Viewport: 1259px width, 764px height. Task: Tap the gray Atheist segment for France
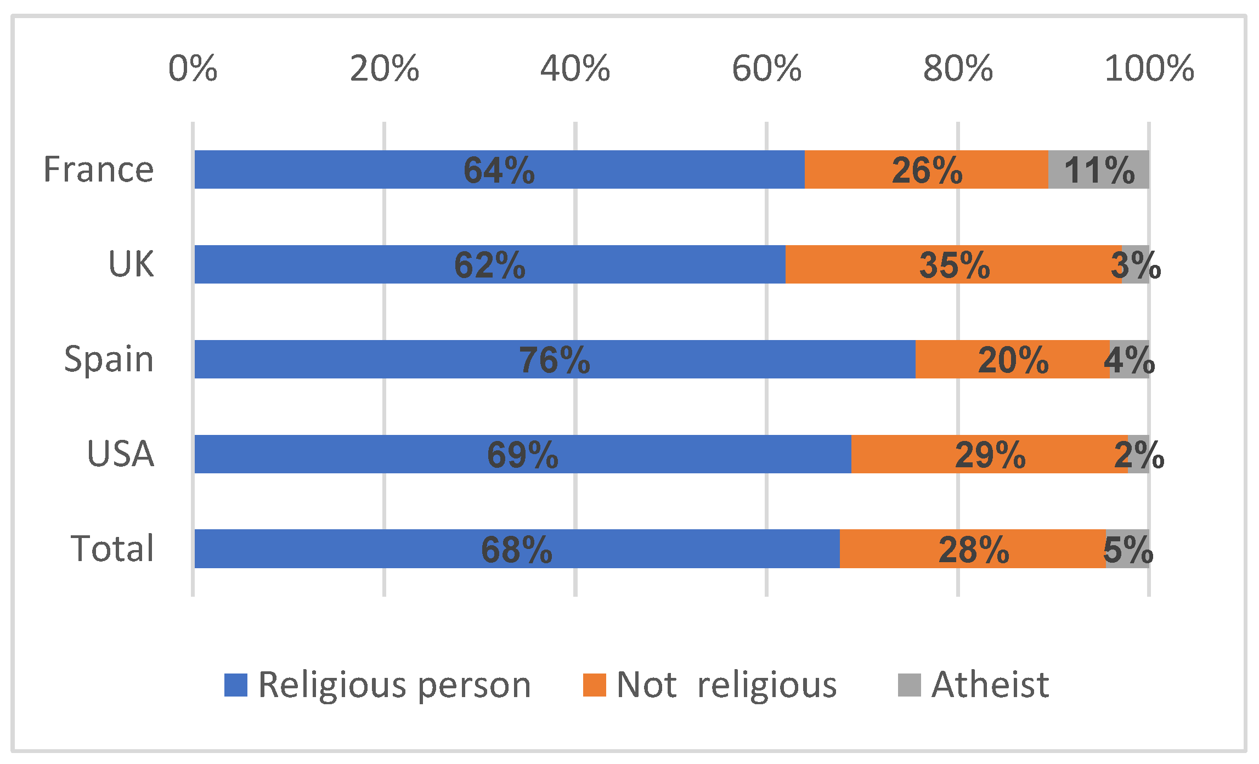click(1099, 169)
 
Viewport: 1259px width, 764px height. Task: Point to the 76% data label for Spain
click(555, 360)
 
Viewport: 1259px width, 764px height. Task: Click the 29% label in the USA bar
click(990, 455)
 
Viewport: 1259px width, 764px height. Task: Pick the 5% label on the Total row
click(1128, 550)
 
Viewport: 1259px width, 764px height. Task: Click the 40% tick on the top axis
click(575, 69)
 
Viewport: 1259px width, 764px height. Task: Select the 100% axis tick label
click(1149, 69)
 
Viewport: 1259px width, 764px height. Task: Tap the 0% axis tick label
click(193, 69)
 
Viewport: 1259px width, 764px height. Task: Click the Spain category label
click(109, 359)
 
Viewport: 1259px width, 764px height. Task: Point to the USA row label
click(120, 454)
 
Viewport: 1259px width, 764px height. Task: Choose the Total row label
click(112, 548)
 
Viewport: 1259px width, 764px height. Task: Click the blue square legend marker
click(236, 685)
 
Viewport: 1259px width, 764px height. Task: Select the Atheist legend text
click(990, 684)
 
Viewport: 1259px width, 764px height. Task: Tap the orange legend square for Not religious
click(594, 685)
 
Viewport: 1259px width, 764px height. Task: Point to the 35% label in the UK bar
click(955, 265)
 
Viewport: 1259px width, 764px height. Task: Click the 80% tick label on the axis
click(958, 69)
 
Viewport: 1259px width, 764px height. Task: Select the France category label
click(99, 169)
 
